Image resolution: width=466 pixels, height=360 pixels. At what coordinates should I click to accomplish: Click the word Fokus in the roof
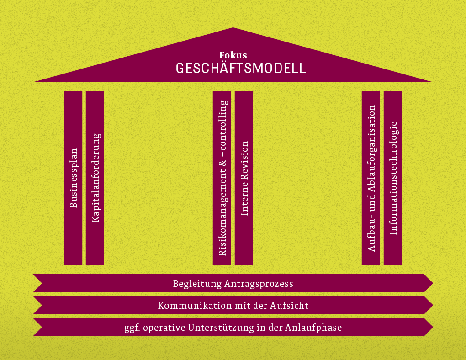[233, 55]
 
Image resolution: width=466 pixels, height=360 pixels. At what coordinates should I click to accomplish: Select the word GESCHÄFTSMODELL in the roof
[241, 68]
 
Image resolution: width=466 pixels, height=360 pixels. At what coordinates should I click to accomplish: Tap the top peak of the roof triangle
[233, 28]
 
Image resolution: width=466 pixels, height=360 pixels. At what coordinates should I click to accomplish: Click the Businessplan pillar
[73, 178]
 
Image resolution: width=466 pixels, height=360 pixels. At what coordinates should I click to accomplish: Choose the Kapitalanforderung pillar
[95, 178]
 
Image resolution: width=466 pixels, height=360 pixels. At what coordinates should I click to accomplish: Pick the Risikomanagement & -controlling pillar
[222, 178]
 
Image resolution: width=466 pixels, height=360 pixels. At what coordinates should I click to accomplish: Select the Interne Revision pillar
[244, 178]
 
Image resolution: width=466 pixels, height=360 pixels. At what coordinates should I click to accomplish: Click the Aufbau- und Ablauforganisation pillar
[371, 178]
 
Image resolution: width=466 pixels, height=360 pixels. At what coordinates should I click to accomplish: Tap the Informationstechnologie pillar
[393, 178]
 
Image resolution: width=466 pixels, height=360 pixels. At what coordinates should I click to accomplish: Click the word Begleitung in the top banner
[197, 284]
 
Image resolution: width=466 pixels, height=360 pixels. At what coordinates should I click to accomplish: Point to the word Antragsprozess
[259, 284]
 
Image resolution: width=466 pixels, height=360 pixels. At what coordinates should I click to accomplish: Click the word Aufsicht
[289, 306]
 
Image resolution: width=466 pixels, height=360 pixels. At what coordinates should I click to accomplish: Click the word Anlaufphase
[313, 328]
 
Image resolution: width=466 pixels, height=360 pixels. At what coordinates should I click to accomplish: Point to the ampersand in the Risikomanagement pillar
[222, 163]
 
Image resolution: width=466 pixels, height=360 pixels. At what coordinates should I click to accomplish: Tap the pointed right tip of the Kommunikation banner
[433, 305]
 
